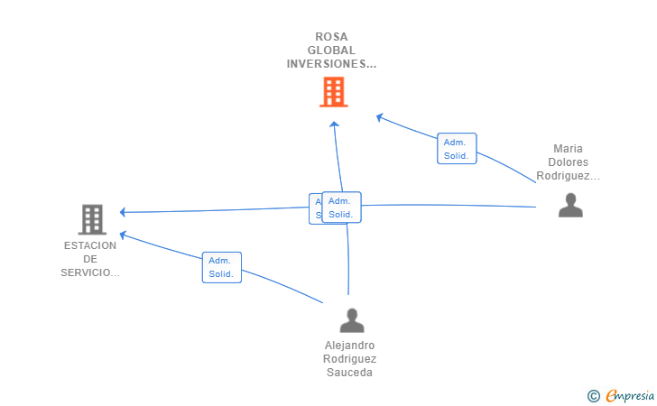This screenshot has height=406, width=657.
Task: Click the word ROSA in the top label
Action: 331,37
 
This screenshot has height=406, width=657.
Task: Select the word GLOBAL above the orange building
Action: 331,51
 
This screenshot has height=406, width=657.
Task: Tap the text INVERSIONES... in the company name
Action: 331,64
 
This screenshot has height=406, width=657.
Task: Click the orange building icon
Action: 333,91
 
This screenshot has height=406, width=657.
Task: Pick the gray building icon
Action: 91,218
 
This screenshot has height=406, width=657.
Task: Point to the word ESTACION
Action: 90,245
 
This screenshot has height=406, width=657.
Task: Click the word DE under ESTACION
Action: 90,259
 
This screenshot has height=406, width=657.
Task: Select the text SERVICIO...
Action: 90,272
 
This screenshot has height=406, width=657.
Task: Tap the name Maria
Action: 569,149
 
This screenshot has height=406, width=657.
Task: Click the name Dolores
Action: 569,162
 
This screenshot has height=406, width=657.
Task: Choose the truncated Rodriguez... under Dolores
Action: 569,176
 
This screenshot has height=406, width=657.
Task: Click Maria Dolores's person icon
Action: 570,206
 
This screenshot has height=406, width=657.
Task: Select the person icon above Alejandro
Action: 351,320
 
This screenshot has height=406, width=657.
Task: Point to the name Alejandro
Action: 350,345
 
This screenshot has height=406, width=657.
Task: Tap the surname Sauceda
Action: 350,373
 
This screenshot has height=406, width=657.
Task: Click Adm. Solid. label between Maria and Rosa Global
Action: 457,149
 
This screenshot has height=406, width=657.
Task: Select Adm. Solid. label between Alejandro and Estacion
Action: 221,267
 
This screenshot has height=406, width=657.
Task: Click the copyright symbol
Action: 593,395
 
